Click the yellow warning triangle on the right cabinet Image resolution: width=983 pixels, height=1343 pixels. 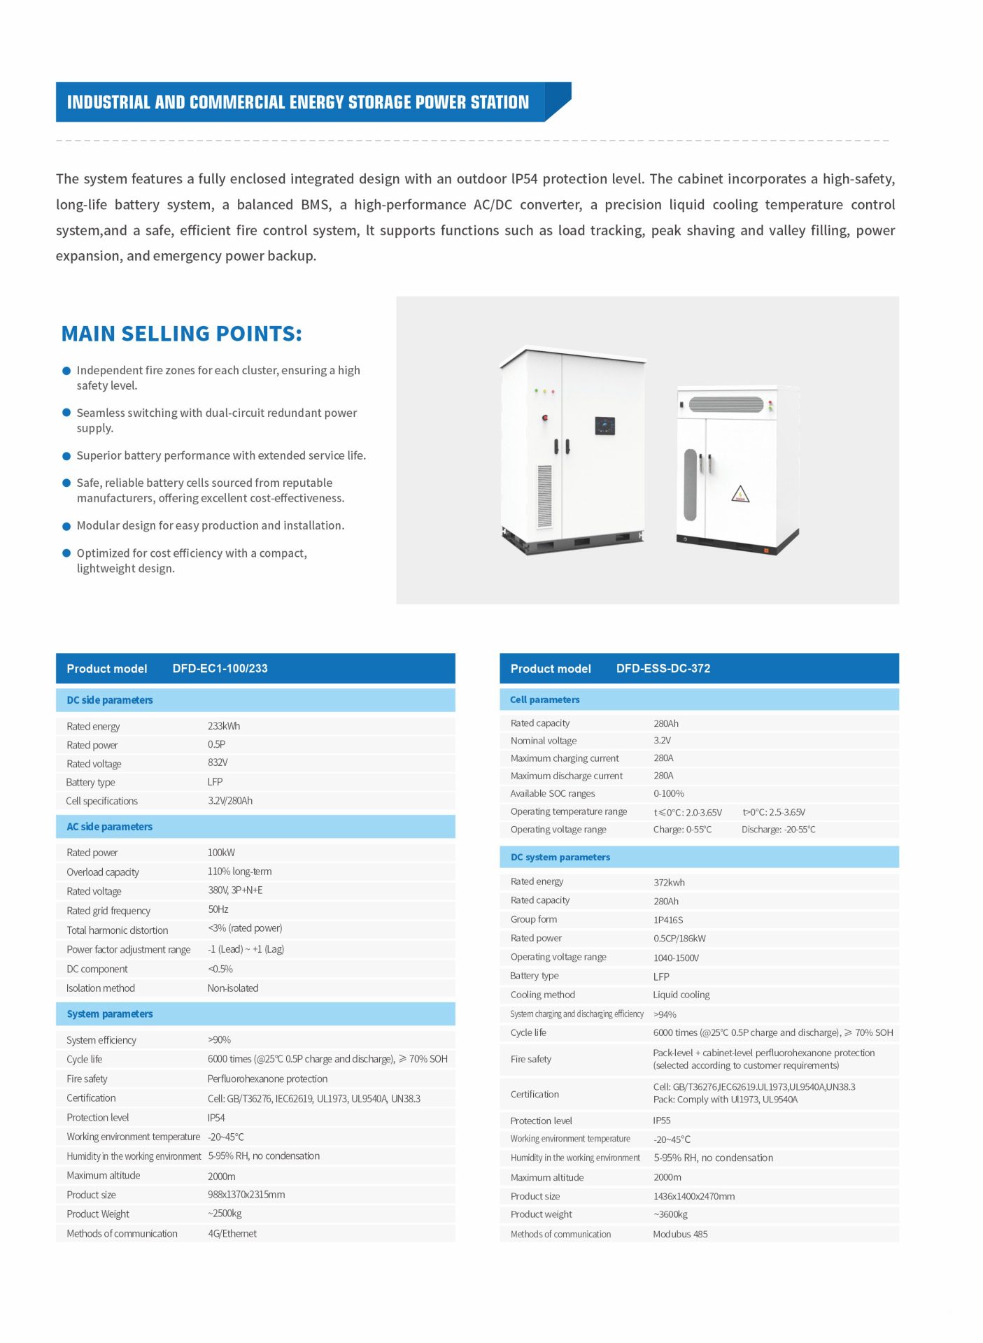point(740,495)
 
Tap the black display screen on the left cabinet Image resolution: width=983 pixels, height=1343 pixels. point(604,425)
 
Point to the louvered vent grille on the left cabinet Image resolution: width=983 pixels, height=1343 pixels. point(544,496)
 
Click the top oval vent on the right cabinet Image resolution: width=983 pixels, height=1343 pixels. point(726,404)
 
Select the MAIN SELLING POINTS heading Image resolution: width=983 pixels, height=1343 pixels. point(181,334)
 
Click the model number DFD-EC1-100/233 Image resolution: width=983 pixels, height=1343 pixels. point(220,669)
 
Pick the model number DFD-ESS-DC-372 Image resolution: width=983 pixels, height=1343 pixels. point(663,669)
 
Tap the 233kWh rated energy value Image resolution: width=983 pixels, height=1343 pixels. point(223,726)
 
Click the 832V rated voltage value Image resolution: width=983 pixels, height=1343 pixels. point(218,762)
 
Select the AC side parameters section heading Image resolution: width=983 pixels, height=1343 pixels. point(109,827)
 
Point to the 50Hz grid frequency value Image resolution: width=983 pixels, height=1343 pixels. point(218,909)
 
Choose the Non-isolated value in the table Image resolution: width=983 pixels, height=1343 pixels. point(233,988)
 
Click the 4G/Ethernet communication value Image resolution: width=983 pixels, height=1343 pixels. point(232,1234)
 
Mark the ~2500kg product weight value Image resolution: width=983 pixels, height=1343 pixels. point(225,1214)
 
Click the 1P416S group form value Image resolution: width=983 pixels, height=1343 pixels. point(667,920)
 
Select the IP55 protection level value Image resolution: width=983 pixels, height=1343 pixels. point(661,1121)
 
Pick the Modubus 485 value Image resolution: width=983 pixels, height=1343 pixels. point(680,1235)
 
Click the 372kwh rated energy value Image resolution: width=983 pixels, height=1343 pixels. point(669,883)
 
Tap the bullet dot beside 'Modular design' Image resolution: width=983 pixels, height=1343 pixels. point(66,526)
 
